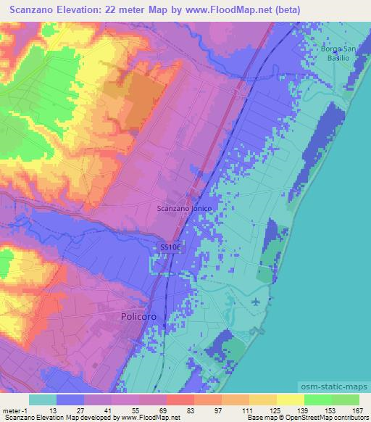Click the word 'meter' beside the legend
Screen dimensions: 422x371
pos(10,410)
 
